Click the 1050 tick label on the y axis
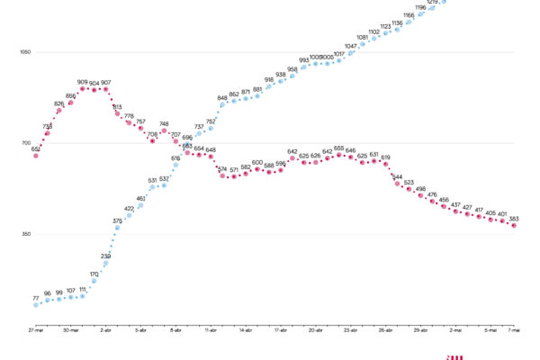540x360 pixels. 24,52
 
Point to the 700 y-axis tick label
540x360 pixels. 25,143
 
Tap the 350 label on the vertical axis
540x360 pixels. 25,234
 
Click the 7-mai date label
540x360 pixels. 513,330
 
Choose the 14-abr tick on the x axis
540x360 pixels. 245,330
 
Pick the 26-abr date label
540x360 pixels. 385,330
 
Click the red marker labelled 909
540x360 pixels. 83,88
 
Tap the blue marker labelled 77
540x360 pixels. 36,304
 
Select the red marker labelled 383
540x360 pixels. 513,225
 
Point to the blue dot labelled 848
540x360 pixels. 222,105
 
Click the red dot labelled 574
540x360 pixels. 222,175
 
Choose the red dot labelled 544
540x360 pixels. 397,184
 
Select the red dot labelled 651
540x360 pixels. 36,156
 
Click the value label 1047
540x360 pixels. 350,46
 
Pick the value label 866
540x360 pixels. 71,94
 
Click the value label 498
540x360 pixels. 420,189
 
